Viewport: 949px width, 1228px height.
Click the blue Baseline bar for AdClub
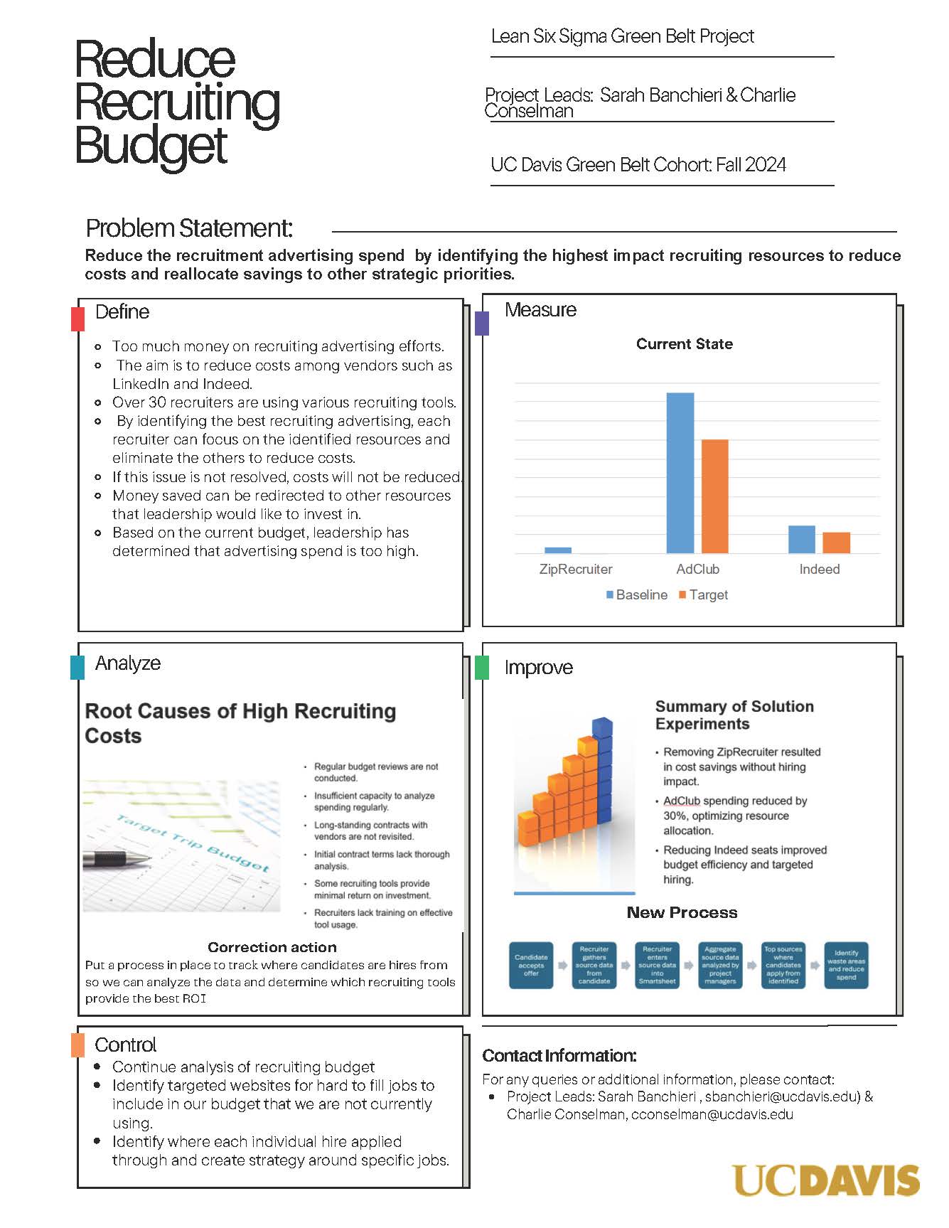click(680, 473)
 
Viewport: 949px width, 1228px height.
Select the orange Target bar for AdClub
click(714, 496)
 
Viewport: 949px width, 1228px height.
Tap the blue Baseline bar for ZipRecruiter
click(558, 550)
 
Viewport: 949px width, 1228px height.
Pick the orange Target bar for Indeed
click(836, 543)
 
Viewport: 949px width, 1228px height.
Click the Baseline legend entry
click(637, 594)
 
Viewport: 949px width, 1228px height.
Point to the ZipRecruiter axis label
click(575, 569)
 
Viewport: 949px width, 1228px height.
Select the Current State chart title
click(684, 344)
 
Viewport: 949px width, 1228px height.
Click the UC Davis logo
click(825, 1180)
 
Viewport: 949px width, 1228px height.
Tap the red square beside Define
click(77, 317)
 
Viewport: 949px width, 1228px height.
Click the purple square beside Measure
click(481, 323)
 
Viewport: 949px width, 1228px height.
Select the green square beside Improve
click(481, 667)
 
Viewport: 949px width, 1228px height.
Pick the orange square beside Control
click(77, 1045)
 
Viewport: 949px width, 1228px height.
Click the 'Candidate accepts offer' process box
click(531, 965)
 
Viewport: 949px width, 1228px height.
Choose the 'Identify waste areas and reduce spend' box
click(846, 965)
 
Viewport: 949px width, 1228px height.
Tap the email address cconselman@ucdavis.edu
click(712, 1114)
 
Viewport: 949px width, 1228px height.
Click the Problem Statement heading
click(189, 228)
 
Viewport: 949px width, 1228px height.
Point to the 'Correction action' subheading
click(272, 947)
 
